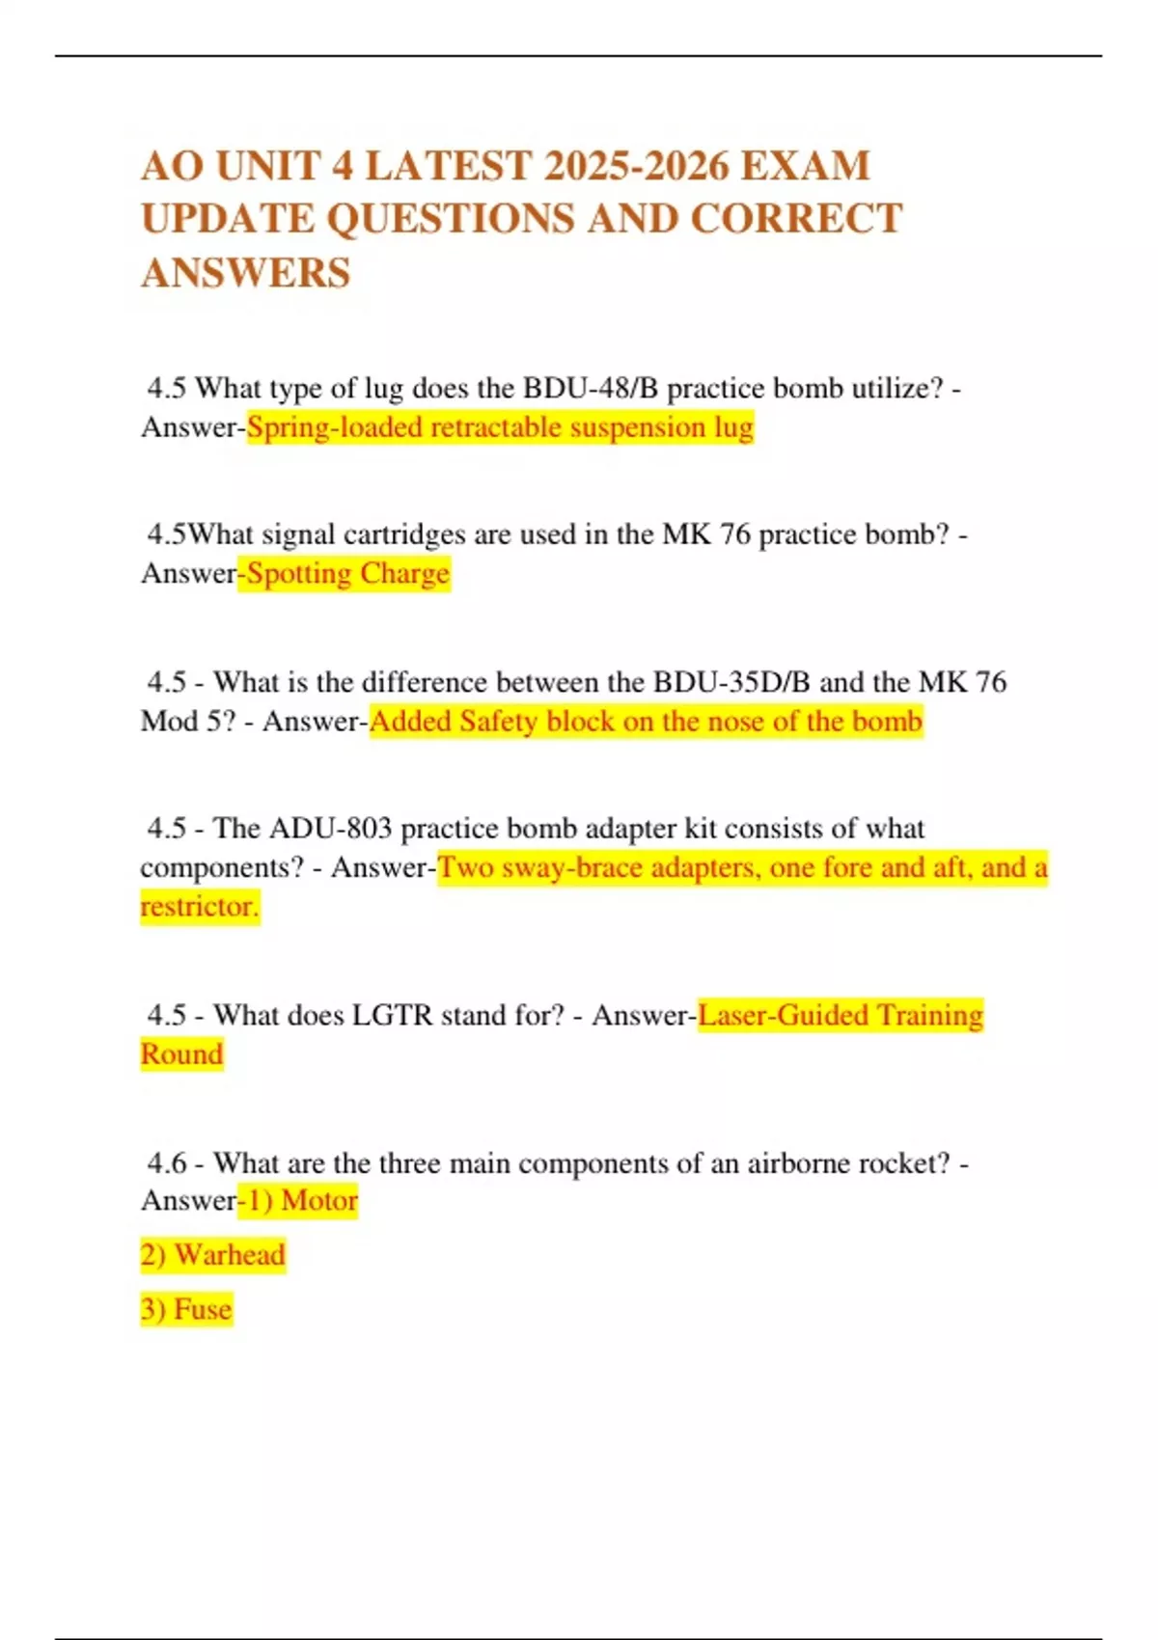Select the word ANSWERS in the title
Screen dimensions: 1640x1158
coord(246,273)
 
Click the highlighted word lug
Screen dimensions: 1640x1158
coord(733,427)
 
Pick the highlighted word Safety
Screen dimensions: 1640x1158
coord(499,722)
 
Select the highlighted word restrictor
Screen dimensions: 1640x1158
coord(199,907)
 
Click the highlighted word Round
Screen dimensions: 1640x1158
coord(181,1053)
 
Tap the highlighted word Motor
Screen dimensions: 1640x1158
coord(319,1201)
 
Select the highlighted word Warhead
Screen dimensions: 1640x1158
coord(230,1255)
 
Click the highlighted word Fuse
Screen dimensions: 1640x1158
coord(203,1309)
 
